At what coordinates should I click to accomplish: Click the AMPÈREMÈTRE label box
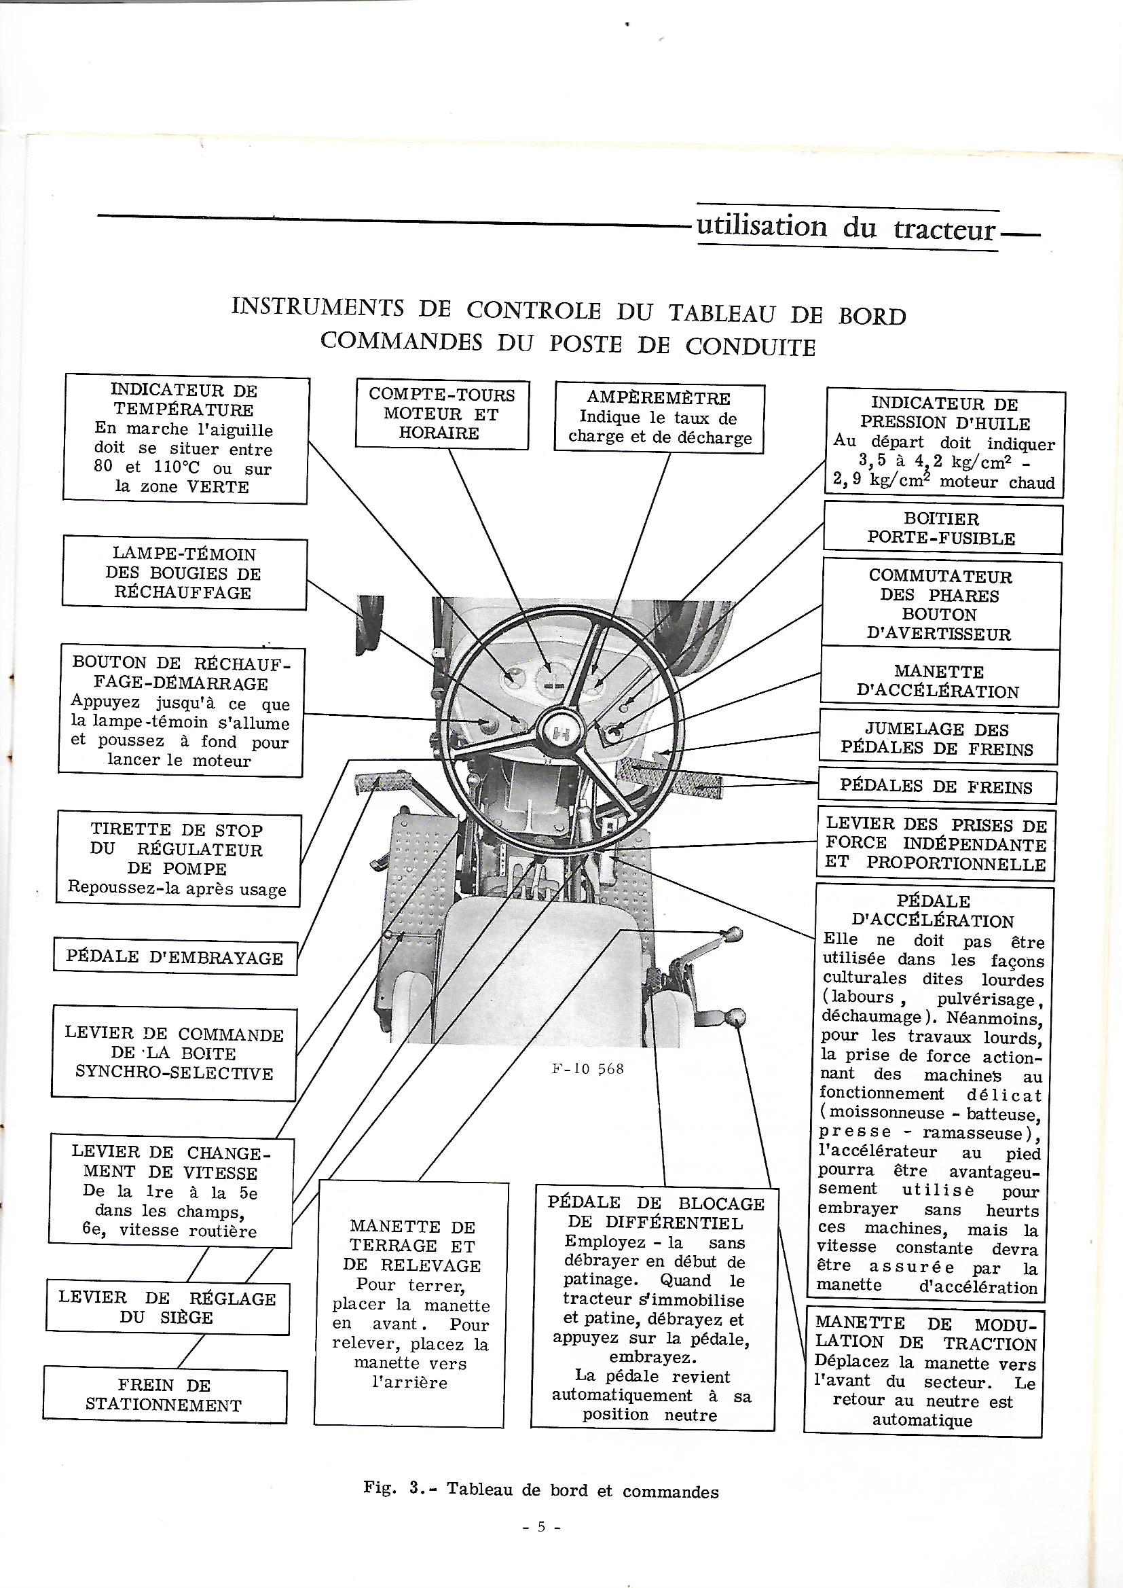[x=659, y=418]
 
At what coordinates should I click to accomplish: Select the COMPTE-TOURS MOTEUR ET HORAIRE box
[x=442, y=414]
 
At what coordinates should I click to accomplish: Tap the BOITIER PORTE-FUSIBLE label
[x=942, y=528]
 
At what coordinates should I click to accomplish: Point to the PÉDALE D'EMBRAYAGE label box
[x=175, y=958]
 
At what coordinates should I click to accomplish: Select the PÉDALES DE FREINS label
[x=936, y=787]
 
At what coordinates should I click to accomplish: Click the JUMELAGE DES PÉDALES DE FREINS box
[x=938, y=739]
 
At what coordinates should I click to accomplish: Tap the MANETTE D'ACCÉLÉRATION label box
[x=939, y=681]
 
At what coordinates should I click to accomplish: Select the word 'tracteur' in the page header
[x=944, y=228]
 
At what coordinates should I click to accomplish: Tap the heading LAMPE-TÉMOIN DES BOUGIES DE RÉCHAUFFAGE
[x=183, y=573]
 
